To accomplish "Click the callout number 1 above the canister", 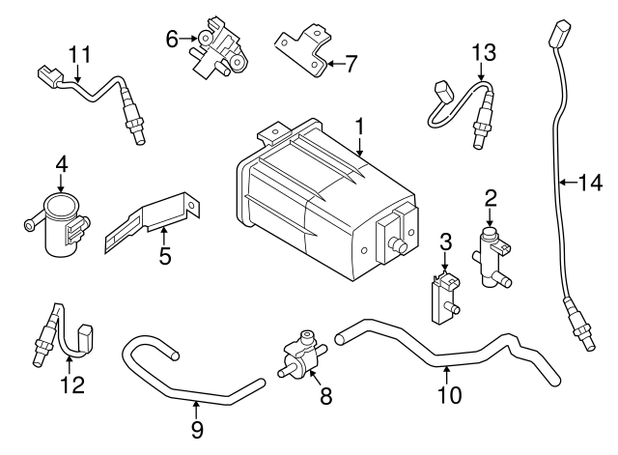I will coord(359,127).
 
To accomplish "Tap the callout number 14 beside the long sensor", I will coord(589,180).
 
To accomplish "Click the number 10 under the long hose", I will coord(450,394).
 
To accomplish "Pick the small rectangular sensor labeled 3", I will coord(443,294).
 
